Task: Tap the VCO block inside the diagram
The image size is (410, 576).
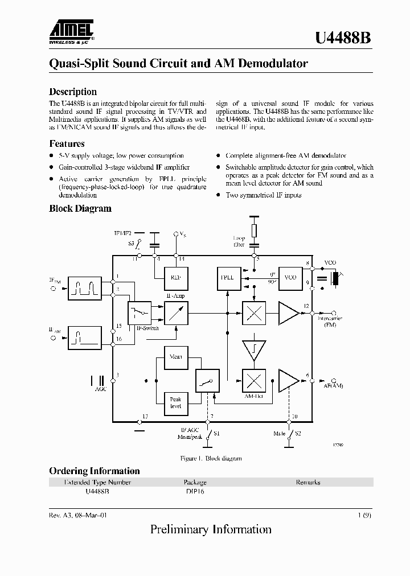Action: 290,278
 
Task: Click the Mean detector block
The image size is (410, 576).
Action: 175,357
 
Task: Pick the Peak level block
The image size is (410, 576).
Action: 175,403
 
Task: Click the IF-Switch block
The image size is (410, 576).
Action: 140,312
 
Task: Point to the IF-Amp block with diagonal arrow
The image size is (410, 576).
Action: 175,312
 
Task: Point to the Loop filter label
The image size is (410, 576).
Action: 239,241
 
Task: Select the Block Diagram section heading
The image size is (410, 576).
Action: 80,209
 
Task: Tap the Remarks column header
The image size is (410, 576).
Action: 307,482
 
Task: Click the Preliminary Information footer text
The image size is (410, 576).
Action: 211,530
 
